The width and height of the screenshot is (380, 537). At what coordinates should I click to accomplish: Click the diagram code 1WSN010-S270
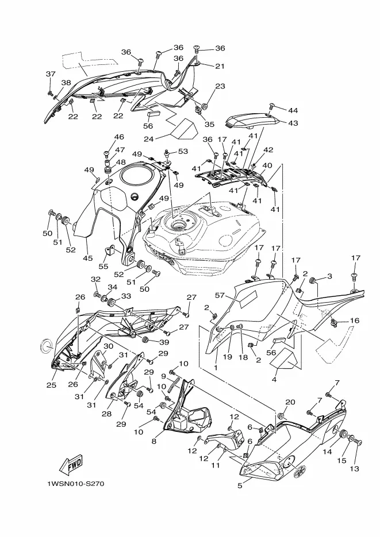(75, 484)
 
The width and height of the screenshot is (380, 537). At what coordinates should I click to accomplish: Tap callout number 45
(88, 258)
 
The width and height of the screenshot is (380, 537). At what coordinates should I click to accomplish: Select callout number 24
(148, 139)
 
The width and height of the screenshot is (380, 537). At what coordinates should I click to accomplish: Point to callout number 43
(293, 123)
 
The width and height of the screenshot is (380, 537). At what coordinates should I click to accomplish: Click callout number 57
(220, 295)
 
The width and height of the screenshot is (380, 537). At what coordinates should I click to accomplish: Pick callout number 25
(51, 385)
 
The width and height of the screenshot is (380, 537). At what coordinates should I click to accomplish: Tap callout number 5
(240, 485)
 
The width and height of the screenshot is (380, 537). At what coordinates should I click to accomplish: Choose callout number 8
(154, 442)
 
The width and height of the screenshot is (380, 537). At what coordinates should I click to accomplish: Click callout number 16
(355, 320)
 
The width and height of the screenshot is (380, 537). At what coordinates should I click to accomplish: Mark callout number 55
(103, 266)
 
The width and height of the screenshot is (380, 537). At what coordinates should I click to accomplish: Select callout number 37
(51, 74)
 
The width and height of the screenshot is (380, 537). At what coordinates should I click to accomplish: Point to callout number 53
(183, 151)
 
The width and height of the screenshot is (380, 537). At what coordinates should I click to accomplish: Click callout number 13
(354, 469)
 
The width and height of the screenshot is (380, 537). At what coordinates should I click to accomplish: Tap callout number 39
(164, 342)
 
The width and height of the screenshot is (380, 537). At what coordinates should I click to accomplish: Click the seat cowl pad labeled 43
(254, 120)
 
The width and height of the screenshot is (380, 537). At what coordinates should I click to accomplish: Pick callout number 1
(216, 368)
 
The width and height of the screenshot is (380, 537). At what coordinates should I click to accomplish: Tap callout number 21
(220, 66)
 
